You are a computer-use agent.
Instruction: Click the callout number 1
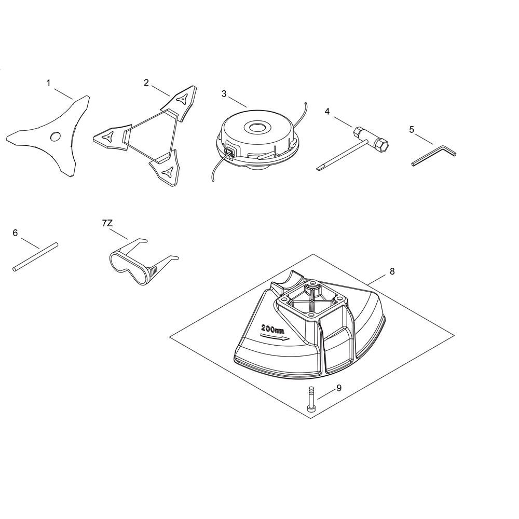click(x=49, y=83)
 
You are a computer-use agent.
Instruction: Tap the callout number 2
click(x=146, y=83)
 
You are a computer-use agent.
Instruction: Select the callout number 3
click(x=224, y=94)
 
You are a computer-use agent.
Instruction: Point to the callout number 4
click(x=327, y=112)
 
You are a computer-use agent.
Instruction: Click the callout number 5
click(x=412, y=130)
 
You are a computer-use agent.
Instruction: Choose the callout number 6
click(x=15, y=233)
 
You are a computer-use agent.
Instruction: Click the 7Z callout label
click(x=107, y=223)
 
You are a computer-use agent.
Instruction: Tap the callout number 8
click(x=392, y=271)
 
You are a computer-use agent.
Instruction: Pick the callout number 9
click(x=339, y=388)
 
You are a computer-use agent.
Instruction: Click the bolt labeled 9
click(x=311, y=399)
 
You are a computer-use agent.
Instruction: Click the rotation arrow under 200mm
click(x=275, y=337)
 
